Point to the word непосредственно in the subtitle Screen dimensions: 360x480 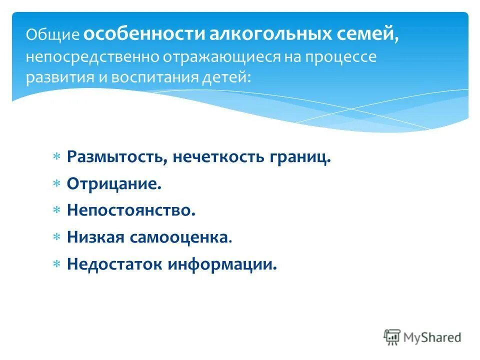92,57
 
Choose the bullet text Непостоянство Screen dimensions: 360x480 130,210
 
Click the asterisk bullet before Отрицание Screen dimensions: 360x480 57,184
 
